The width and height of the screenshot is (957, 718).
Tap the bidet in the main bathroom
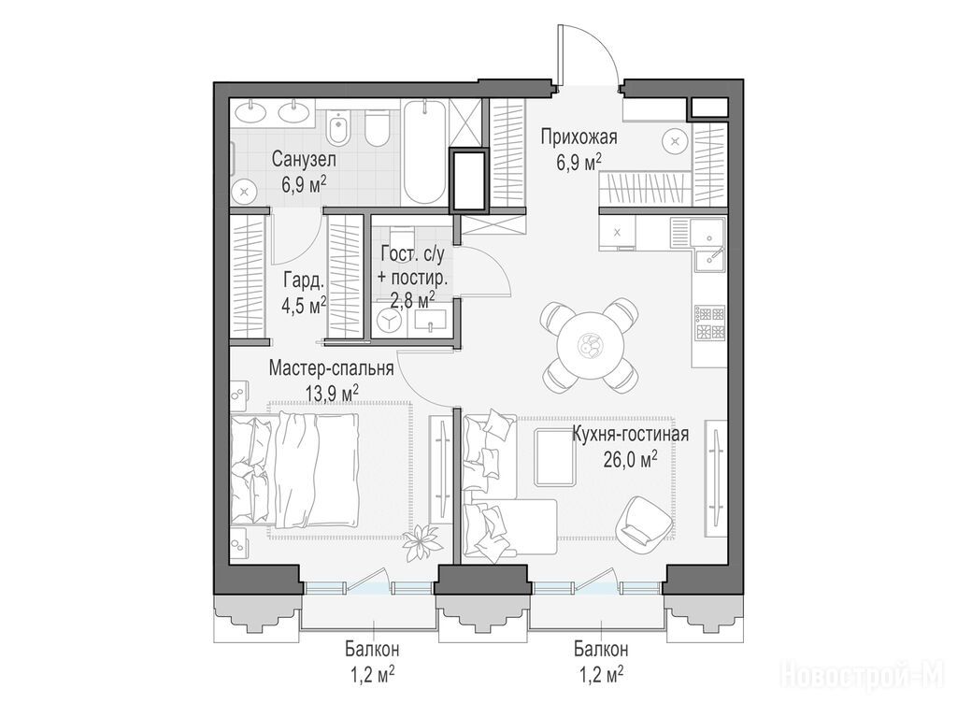click(336, 129)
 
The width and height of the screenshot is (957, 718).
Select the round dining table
click(591, 346)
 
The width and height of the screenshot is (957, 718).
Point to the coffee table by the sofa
click(555, 456)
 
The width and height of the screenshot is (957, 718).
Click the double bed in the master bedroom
click(294, 469)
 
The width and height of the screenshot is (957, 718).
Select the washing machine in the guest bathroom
click(390, 322)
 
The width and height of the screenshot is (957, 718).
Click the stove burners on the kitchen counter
click(710, 323)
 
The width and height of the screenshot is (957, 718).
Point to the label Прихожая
click(578, 136)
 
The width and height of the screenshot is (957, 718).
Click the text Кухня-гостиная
click(630, 434)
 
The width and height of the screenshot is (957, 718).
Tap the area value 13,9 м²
click(332, 393)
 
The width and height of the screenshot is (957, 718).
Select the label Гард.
click(304, 280)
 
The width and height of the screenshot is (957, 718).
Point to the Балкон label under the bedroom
click(372, 649)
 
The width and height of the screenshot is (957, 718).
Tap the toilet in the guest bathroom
click(402, 235)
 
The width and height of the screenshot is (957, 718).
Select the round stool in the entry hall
click(675, 142)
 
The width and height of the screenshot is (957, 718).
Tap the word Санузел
click(304, 160)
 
